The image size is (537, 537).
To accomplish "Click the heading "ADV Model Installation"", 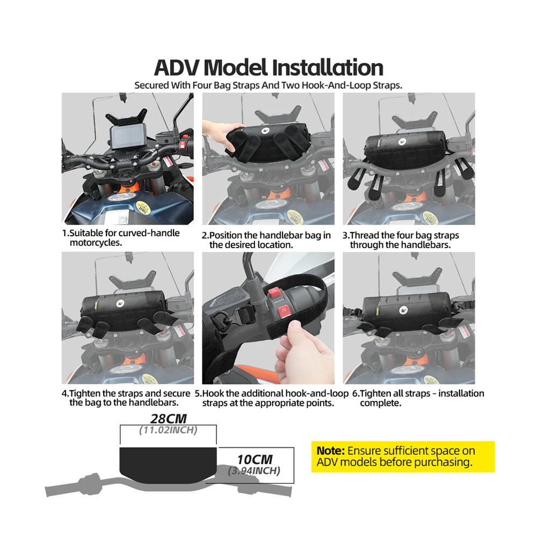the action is (x=268, y=68).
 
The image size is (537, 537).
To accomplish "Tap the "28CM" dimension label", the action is (x=169, y=418).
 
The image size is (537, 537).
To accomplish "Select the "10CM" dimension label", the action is (x=255, y=459).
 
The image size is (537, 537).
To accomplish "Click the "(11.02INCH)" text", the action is (x=168, y=430).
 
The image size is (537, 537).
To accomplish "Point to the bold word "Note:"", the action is (x=330, y=451).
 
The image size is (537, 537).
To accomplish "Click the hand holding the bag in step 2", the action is (x=219, y=134).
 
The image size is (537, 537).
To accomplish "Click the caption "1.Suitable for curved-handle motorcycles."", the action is (x=121, y=238).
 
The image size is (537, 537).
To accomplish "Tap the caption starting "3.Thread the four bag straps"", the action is (x=401, y=240).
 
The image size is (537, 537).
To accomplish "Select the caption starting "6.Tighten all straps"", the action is (x=418, y=398).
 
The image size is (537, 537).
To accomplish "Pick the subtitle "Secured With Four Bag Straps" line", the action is (x=268, y=85).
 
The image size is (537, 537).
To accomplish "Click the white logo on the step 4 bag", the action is (x=120, y=303).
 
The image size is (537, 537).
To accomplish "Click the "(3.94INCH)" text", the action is (x=254, y=471).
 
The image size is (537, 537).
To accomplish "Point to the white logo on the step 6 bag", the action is (x=404, y=310).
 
